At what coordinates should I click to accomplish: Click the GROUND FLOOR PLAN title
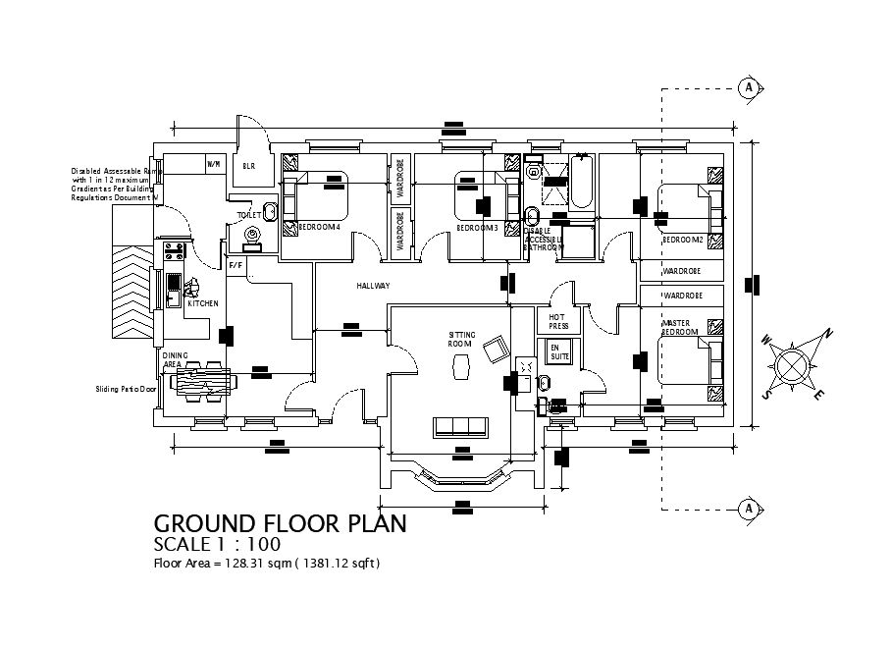tap(281, 523)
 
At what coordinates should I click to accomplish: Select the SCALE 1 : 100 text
tap(218, 545)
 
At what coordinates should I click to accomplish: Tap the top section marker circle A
tap(749, 87)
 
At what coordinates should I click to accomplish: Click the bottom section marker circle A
tap(749, 509)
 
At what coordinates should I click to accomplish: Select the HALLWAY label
tap(373, 286)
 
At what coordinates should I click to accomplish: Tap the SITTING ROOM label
tap(461, 340)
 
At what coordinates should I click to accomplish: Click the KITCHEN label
tap(203, 304)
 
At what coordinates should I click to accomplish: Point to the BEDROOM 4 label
tap(319, 228)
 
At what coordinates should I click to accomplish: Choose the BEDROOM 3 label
tap(477, 228)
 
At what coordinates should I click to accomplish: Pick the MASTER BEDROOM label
tap(680, 327)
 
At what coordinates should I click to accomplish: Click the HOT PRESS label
tap(558, 321)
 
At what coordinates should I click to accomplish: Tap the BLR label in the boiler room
tap(249, 167)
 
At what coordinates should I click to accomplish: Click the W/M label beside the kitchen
tap(213, 163)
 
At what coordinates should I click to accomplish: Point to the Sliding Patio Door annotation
tap(126, 389)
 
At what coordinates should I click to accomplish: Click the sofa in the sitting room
tap(461, 426)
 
